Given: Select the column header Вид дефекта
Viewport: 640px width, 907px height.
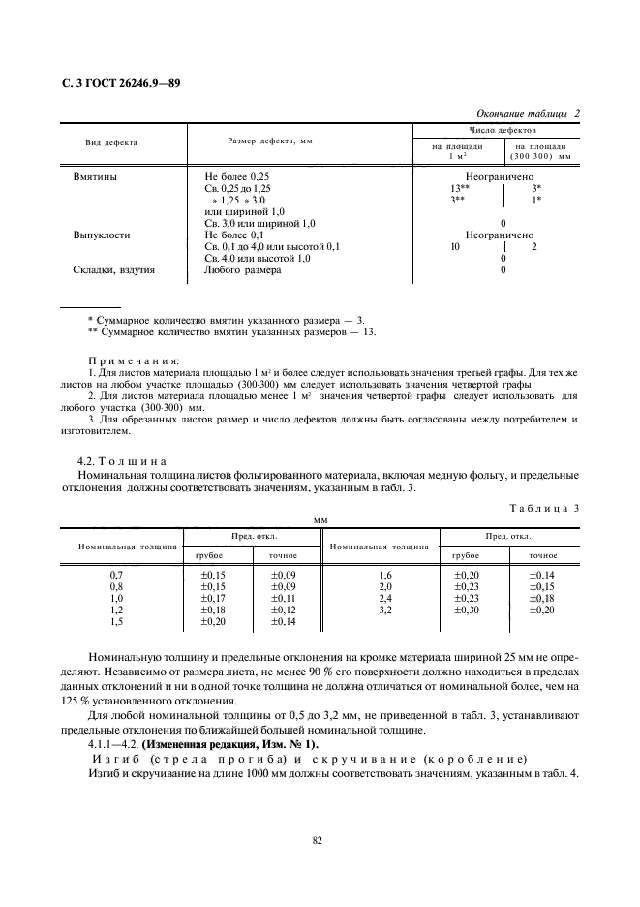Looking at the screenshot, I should tap(111, 142).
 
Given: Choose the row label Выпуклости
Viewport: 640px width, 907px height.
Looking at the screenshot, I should tap(102, 235).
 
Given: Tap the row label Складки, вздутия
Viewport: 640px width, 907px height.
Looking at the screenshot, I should tap(114, 270).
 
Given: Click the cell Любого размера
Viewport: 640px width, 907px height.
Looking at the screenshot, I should tap(243, 270).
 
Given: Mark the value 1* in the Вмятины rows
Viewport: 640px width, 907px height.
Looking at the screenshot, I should tap(536, 200).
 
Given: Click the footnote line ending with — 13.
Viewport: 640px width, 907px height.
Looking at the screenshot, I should tap(231, 331).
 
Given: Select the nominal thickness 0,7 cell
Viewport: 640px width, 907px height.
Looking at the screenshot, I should tap(117, 575).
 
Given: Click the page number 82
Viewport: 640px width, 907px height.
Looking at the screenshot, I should tap(317, 840).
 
